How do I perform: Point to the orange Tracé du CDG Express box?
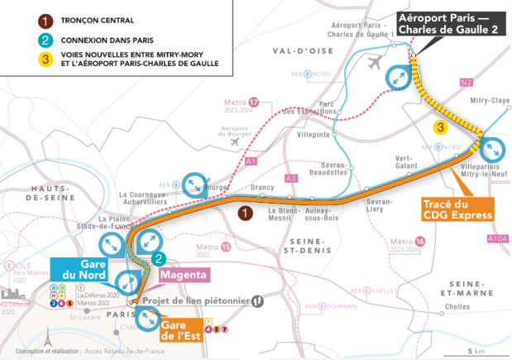coord(457,209)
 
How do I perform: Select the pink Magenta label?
coord(184,275)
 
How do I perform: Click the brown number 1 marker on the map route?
coord(245,214)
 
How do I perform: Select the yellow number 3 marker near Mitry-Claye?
coord(442,127)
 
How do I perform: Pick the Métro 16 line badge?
coord(420,241)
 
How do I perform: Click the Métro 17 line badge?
coord(254,103)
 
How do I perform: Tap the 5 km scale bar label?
coord(475,352)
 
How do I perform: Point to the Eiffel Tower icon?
coord(48,338)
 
